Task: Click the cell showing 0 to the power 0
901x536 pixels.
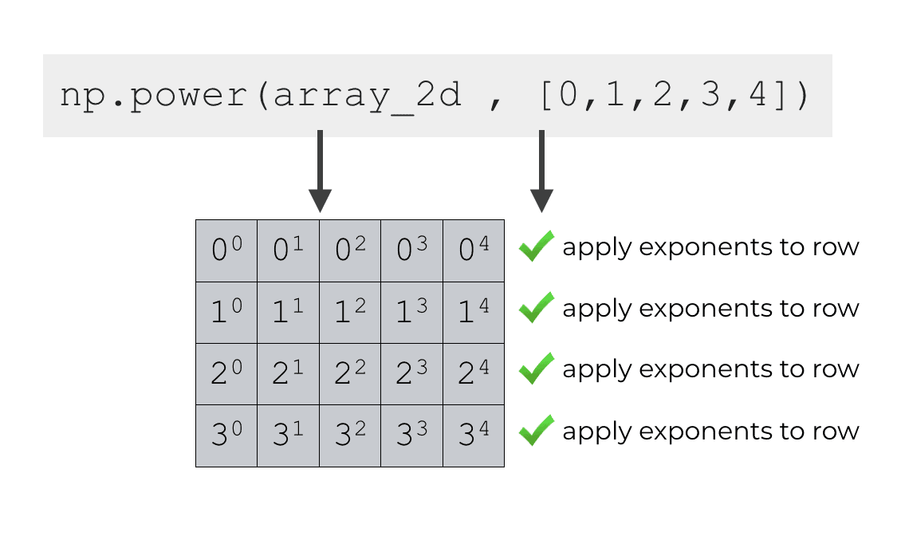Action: pos(226,250)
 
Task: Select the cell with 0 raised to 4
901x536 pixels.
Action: pos(474,250)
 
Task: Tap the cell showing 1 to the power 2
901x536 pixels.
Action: pos(350,312)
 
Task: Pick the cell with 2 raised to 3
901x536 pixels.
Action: pos(411,373)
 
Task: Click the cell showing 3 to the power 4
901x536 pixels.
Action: pos(474,436)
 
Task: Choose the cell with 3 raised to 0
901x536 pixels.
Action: pos(226,436)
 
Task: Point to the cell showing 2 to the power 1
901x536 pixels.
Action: pos(288,373)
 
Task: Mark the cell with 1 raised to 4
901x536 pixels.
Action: pos(474,312)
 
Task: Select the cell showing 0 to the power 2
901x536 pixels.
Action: pos(350,250)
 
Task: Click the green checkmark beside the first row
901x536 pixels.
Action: pos(536,246)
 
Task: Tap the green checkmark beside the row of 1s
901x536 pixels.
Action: pos(536,308)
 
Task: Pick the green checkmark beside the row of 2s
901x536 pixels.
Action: pos(536,369)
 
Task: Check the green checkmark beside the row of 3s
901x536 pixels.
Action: pos(536,431)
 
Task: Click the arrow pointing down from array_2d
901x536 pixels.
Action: pos(319,171)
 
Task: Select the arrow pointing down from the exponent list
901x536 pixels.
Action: pos(541,171)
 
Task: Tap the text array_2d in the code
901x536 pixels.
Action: pos(367,97)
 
